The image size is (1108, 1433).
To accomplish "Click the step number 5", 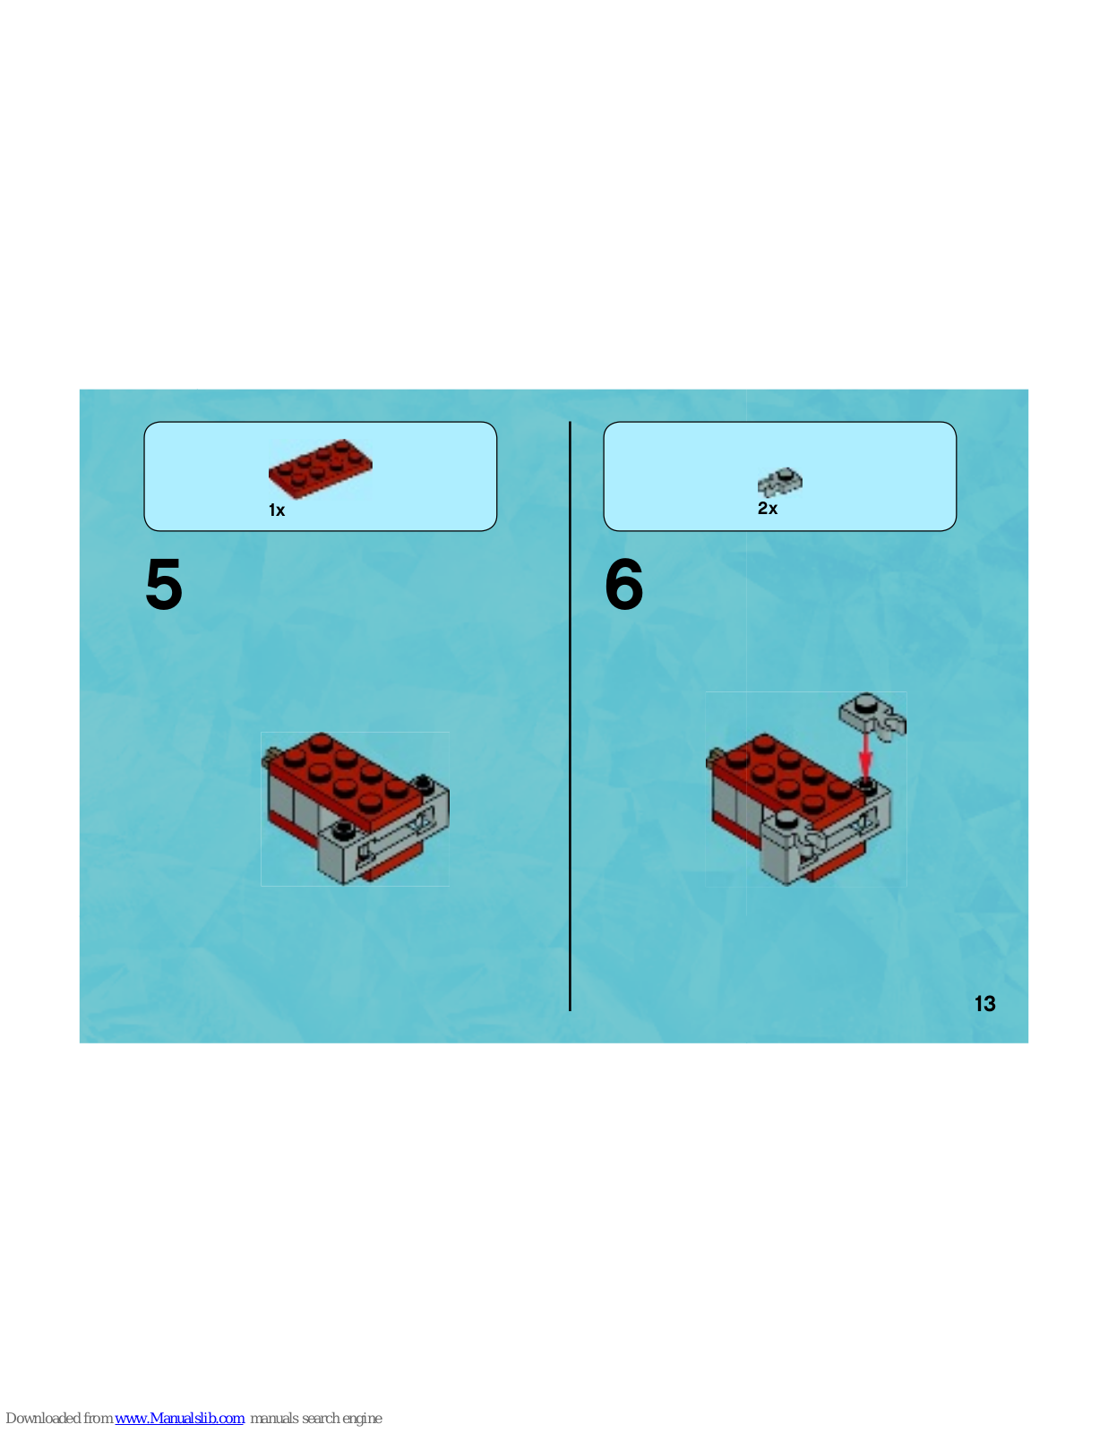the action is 164,584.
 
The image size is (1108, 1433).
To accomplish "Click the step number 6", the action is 623,584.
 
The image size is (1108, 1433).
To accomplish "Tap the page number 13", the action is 984,1004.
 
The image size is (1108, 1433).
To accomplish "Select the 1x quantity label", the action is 277,511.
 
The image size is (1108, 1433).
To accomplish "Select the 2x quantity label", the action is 768,509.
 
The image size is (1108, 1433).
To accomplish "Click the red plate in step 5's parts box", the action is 321,468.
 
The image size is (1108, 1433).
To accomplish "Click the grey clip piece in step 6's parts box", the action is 780,482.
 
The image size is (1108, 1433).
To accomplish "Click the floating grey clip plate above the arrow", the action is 872,717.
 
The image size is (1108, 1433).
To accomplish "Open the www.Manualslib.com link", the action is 179,1418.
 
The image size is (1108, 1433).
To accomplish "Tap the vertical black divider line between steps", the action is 570,716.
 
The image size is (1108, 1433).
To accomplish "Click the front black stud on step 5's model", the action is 342,830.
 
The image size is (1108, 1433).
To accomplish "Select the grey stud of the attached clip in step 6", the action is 785,819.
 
